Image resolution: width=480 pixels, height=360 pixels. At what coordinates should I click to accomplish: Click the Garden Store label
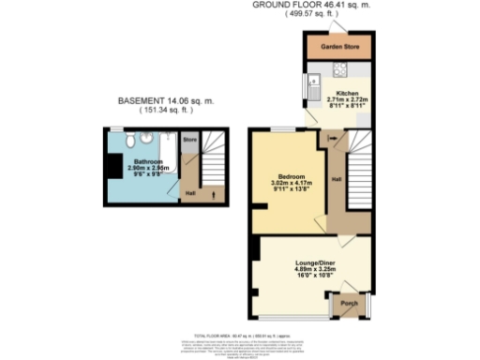point(337,46)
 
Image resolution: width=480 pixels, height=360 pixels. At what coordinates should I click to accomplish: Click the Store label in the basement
point(190,142)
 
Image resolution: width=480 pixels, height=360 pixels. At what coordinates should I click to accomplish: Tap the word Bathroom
point(142,162)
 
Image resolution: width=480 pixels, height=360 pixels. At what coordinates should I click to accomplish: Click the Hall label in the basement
point(190,193)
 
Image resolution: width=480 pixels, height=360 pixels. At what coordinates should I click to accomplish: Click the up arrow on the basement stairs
point(208,193)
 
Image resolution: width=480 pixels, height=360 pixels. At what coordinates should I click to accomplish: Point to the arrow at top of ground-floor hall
point(331,141)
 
